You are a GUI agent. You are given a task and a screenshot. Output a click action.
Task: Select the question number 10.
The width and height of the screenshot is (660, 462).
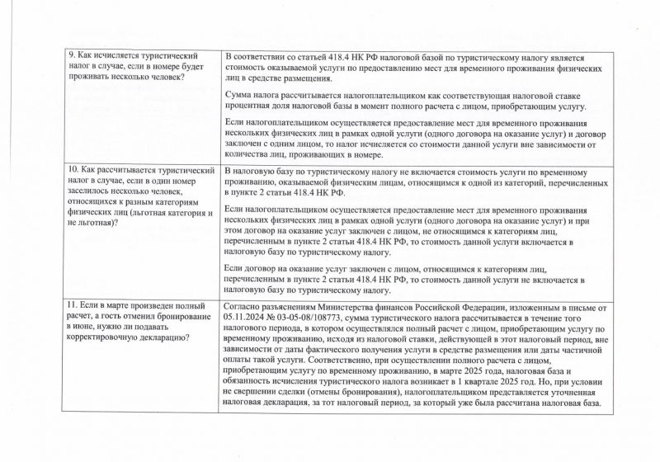pos(73,170)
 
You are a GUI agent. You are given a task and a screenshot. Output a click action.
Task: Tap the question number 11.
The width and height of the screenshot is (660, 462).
pos(73,305)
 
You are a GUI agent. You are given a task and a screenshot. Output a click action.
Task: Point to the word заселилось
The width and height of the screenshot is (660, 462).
pos(92,191)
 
